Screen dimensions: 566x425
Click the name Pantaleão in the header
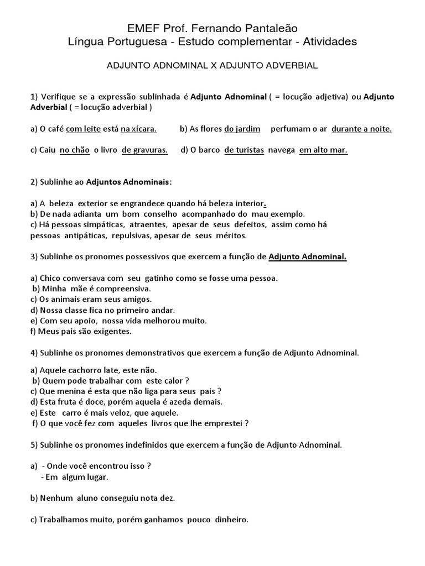pyautogui.click(x=265, y=28)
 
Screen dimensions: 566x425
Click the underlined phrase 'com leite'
pyautogui.click(x=83, y=129)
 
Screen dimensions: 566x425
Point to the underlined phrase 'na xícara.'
pyautogui.click(x=139, y=129)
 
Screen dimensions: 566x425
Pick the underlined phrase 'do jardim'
pyautogui.click(x=242, y=129)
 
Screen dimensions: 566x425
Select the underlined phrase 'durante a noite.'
pyautogui.click(x=361, y=129)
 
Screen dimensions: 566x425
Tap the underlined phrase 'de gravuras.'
pyautogui.click(x=144, y=150)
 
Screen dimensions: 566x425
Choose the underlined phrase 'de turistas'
pyautogui.click(x=244, y=150)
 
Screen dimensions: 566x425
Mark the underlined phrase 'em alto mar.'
pyautogui.click(x=324, y=150)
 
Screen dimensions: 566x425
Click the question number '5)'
pyautogui.click(x=34, y=444)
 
